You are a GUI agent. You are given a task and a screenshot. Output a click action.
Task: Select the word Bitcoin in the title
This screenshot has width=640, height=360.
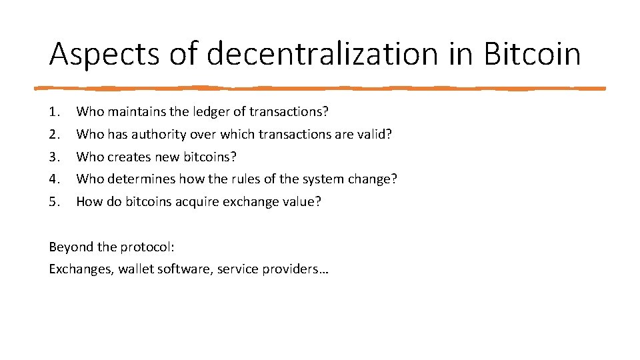coord(532,53)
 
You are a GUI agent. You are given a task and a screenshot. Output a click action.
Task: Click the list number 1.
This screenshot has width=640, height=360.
coord(55,112)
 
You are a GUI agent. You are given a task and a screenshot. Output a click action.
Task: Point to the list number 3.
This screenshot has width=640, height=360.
coord(55,157)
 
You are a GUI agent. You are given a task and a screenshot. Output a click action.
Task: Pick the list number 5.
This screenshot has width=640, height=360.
coord(55,202)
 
